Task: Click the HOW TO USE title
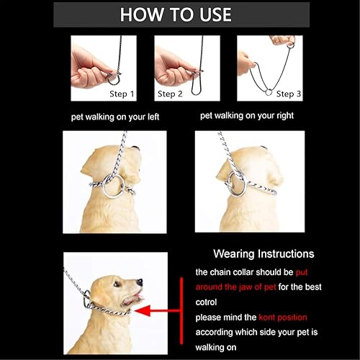coord(176,14)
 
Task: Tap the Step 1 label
coord(121,94)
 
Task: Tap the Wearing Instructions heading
coord(264,254)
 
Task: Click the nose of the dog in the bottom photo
coord(140,282)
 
